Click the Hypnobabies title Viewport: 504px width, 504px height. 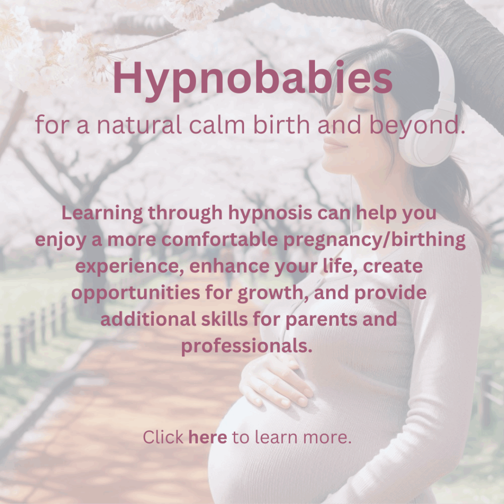click(x=252, y=80)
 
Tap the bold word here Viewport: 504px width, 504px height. click(x=208, y=438)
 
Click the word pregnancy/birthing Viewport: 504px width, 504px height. click(x=375, y=240)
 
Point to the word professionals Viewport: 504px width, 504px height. click(x=247, y=346)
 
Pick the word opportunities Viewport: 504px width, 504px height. click(x=136, y=293)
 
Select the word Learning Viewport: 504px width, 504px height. click(x=102, y=214)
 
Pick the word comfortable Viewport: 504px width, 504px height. click(x=220, y=240)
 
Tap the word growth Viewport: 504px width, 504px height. click(x=273, y=293)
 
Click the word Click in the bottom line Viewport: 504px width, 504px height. click(x=163, y=438)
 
